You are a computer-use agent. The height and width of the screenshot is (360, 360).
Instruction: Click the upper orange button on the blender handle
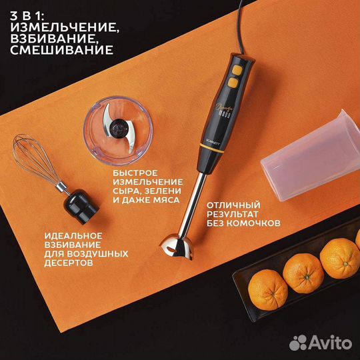(237, 70)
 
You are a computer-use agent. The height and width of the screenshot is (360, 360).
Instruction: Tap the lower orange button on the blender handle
(233, 83)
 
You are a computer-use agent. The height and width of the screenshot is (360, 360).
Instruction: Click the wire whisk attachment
(37, 159)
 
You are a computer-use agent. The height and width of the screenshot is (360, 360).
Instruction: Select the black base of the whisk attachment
(81, 207)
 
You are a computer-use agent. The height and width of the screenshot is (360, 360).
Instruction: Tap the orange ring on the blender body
(211, 148)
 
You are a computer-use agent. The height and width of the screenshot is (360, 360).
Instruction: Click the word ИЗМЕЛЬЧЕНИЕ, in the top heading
(65, 28)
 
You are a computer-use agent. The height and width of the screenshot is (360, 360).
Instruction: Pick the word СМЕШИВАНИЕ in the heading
(62, 50)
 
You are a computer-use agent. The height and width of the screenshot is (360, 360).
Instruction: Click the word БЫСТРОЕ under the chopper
(135, 173)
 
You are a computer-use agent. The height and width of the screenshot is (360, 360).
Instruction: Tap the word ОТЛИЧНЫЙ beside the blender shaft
(233, 205)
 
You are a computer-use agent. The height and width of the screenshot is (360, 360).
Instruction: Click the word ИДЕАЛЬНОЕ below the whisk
(73, 236)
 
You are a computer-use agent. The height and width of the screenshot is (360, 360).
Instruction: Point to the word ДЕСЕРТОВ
(69, 263)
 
